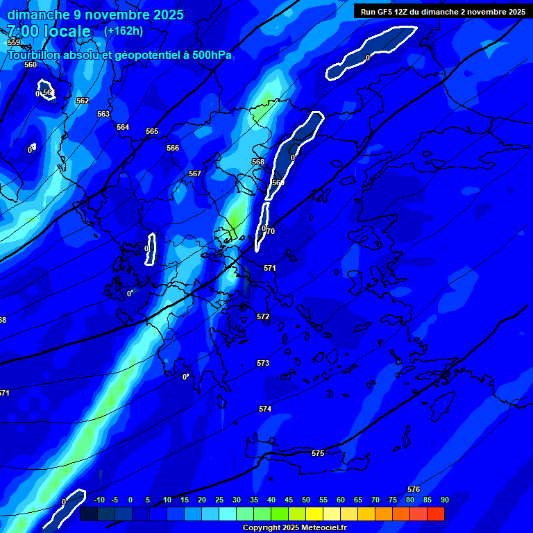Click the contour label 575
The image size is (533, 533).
point(318,453)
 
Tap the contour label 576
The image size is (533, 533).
point(414,489)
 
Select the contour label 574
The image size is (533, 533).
point(265,409)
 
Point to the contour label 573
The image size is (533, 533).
point(263,363)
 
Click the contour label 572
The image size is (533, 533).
point(263,316)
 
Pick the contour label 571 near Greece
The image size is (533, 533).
point(270,268)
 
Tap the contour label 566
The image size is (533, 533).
point(173,148)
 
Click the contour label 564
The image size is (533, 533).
point(123,127)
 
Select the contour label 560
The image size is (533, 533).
point(31,65)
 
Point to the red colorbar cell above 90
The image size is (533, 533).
point(435,514)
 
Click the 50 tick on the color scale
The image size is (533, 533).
point(306,500)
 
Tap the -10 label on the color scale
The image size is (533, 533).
point(98,500)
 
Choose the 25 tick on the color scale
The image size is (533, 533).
point(219,500)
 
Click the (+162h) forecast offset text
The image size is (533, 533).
point(124,31)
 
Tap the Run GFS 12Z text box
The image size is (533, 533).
point(443,11)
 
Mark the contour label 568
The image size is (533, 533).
point(258,162)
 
